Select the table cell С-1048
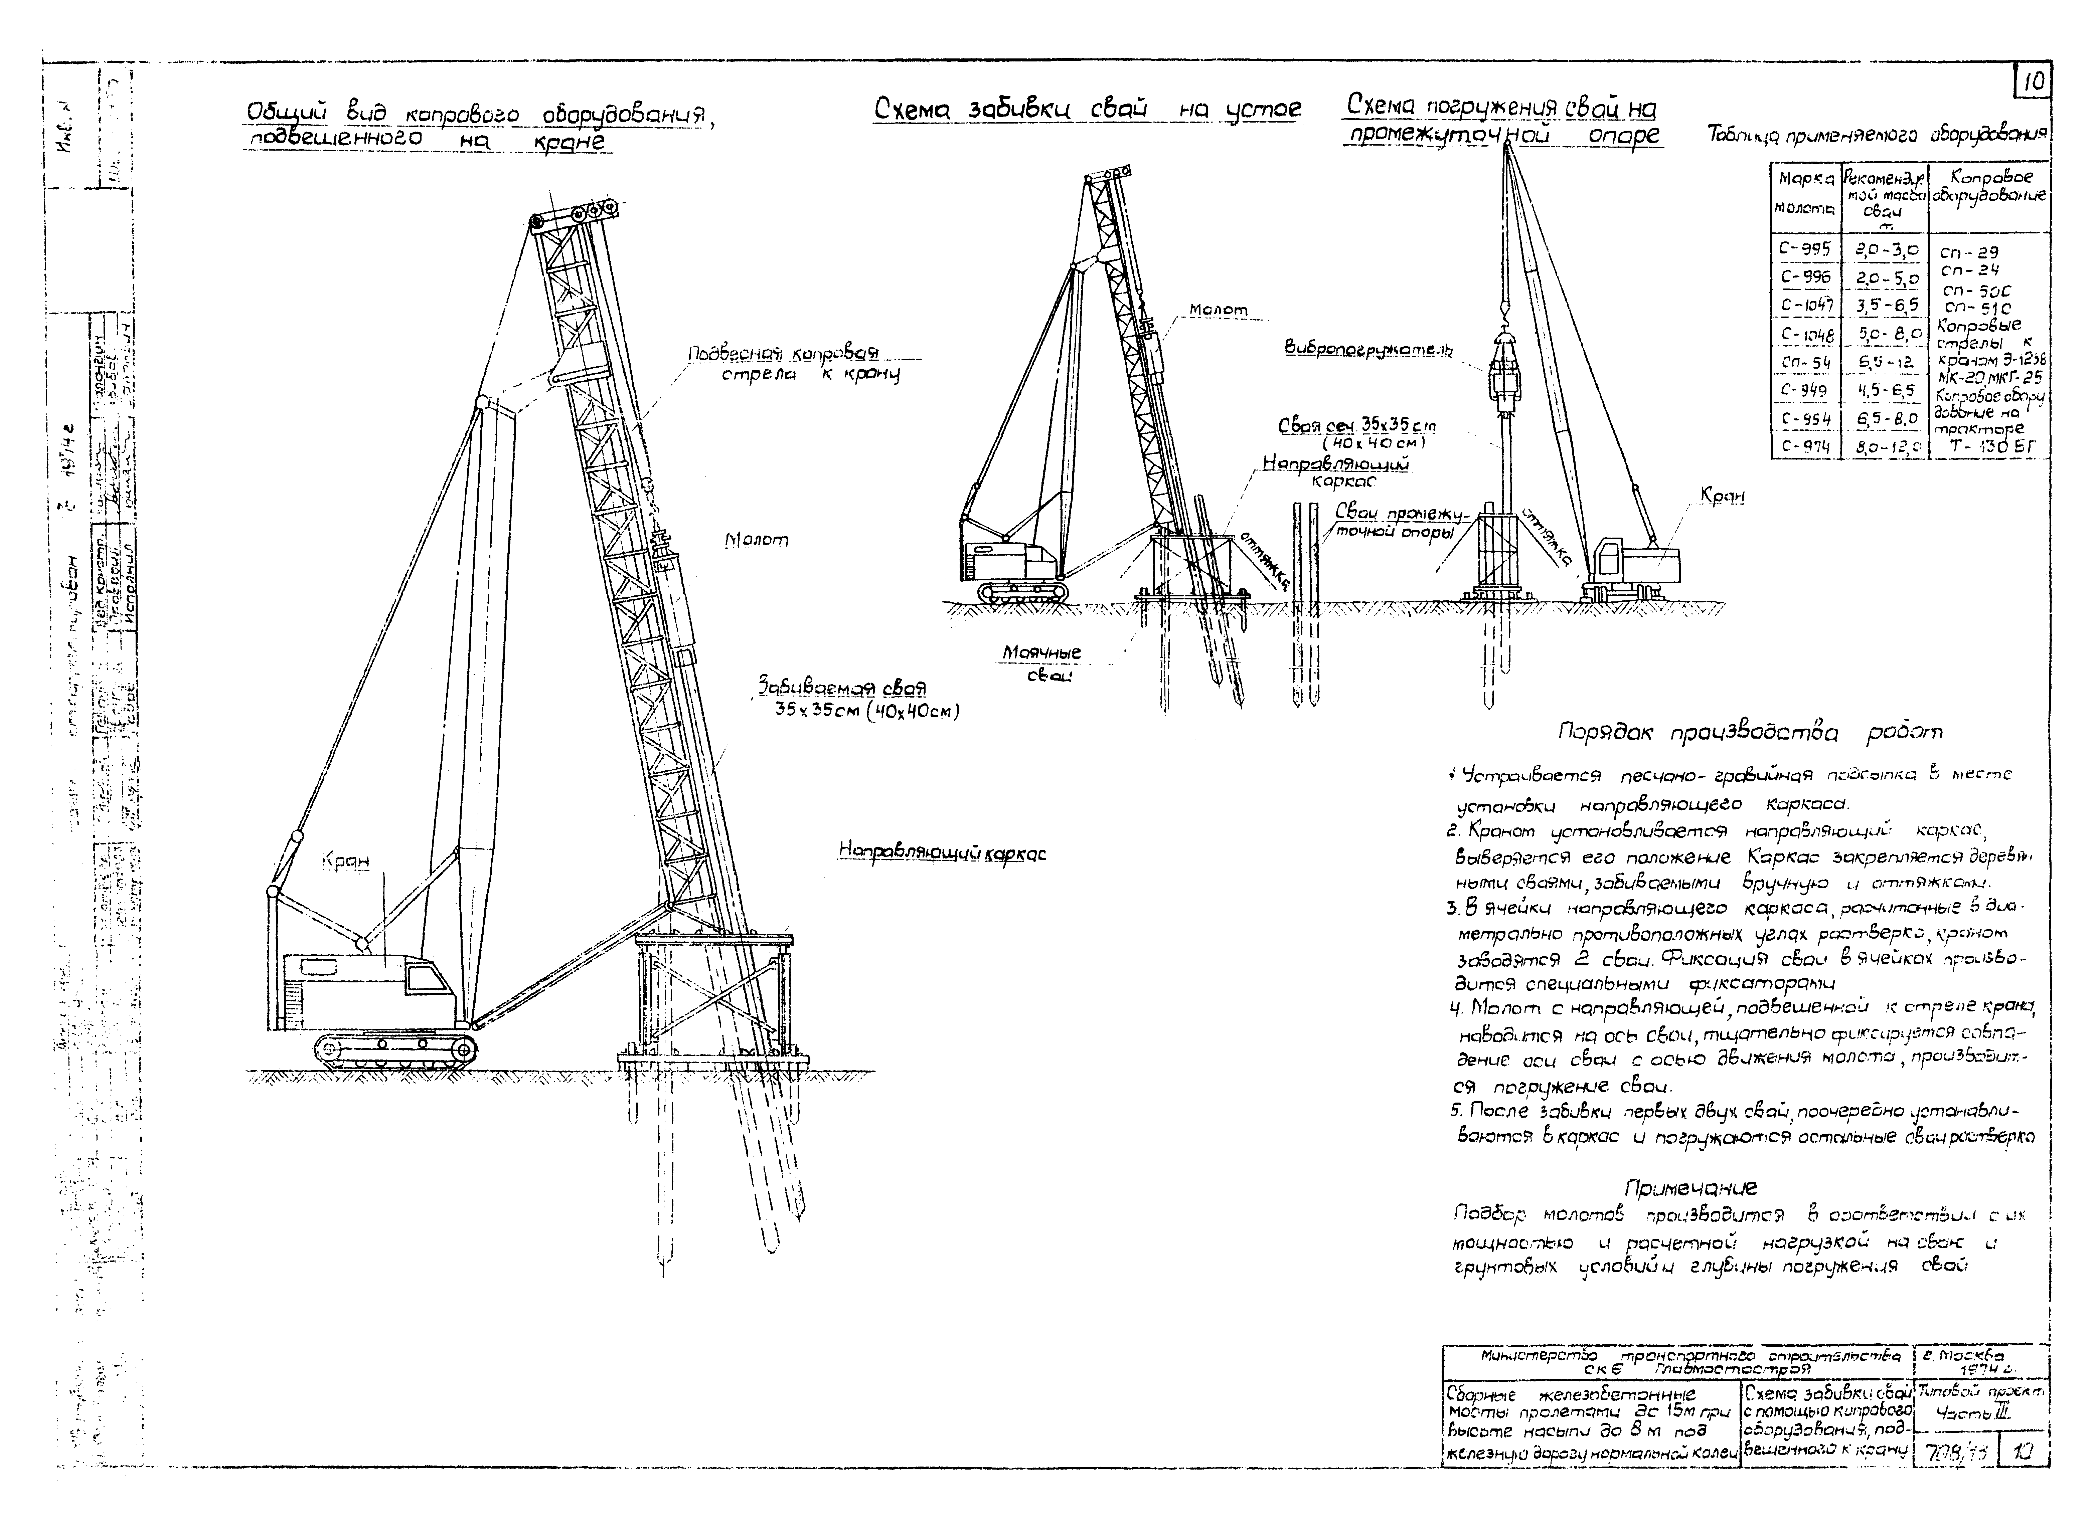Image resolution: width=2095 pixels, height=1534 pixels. pyautogui.click(x=1806, y=333)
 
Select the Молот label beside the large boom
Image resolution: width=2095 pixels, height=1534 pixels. pyautogui.click(x=756, y=540)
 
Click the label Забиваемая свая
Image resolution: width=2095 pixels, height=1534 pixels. pyautogui.click(x=841, y=688)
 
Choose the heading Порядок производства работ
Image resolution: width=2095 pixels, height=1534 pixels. pyautogui.click(x=1750, y=733)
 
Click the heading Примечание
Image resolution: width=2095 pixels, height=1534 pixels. pyautogui.click(x=1690, y=1187)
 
